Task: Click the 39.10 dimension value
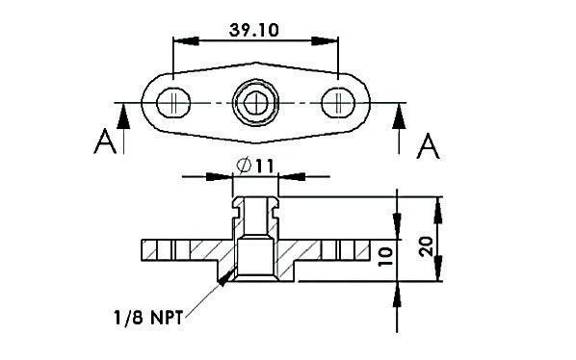click(x=254, y=29)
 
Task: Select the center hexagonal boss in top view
click(x=255, y=101)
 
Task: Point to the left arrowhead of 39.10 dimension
click(x=179, y=41)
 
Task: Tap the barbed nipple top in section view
click(x=255, y=204)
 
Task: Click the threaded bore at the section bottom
click(x=255, y=265)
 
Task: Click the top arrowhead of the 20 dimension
click(x=440, y=203)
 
